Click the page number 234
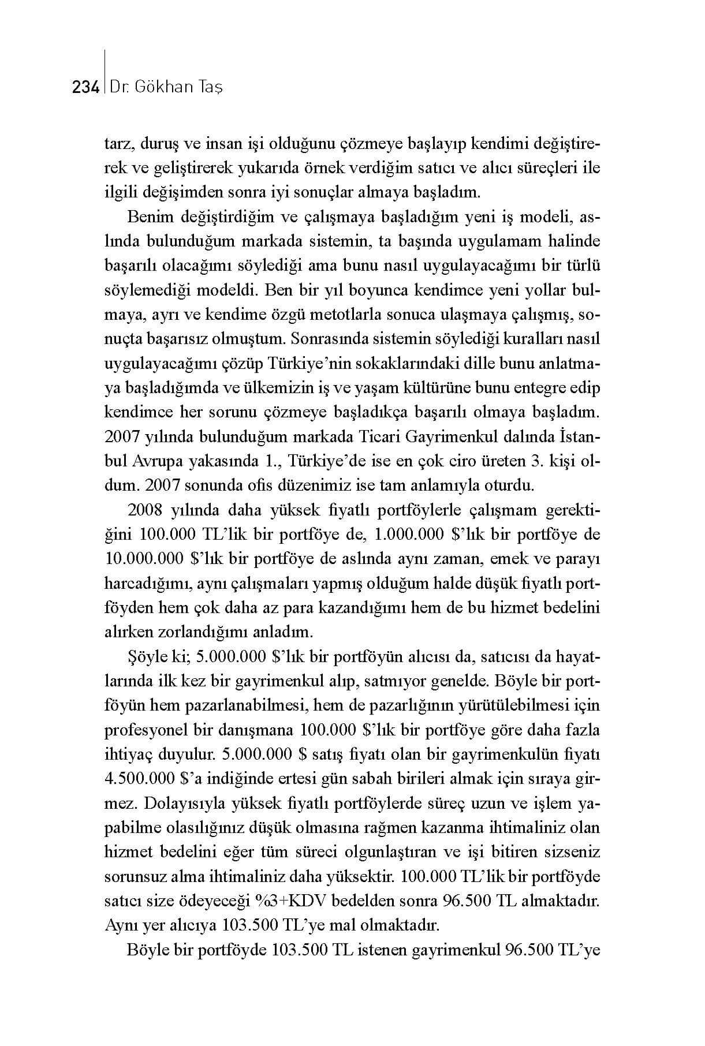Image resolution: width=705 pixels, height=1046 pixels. coord(86,88)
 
